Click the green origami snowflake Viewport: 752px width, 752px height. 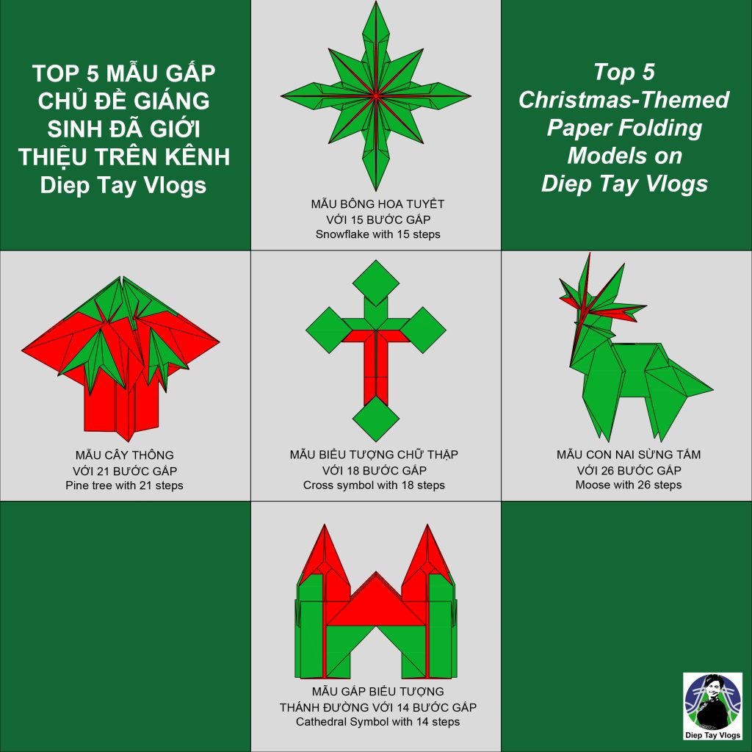tap(376, 96)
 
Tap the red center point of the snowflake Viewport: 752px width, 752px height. tap(376, 96)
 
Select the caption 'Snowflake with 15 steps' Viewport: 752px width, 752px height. tap(378, 234)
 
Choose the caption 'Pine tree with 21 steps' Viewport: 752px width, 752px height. tap(124, 485)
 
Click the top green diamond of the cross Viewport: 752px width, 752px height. tap(376, 283)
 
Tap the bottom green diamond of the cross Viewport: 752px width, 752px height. tap(376, 419)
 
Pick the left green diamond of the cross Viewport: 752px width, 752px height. tap(329, 330)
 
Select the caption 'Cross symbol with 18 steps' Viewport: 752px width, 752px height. tap(374, 485)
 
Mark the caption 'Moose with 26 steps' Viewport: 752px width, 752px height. tap(629, 485)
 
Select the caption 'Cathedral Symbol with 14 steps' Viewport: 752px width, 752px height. tap(378, 722)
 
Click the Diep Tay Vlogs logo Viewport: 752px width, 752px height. tap(712, 706)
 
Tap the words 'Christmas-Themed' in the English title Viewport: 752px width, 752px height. tap(624, 100)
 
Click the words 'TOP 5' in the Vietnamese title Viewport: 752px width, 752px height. tap(65, 73)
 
